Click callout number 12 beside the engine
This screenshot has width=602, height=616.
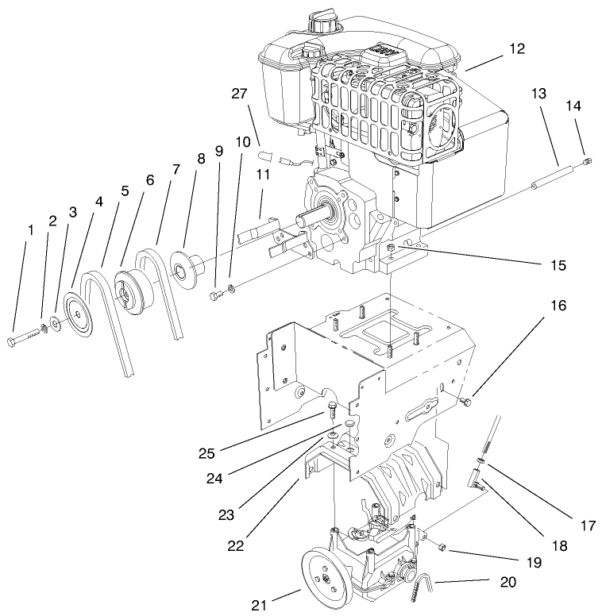pos(517,49)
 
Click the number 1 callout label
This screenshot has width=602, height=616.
pos(30,230)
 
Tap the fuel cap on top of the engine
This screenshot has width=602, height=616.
pos(325,25)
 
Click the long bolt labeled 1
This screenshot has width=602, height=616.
pos(23,341)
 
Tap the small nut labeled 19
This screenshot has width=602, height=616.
pos(442,547)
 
